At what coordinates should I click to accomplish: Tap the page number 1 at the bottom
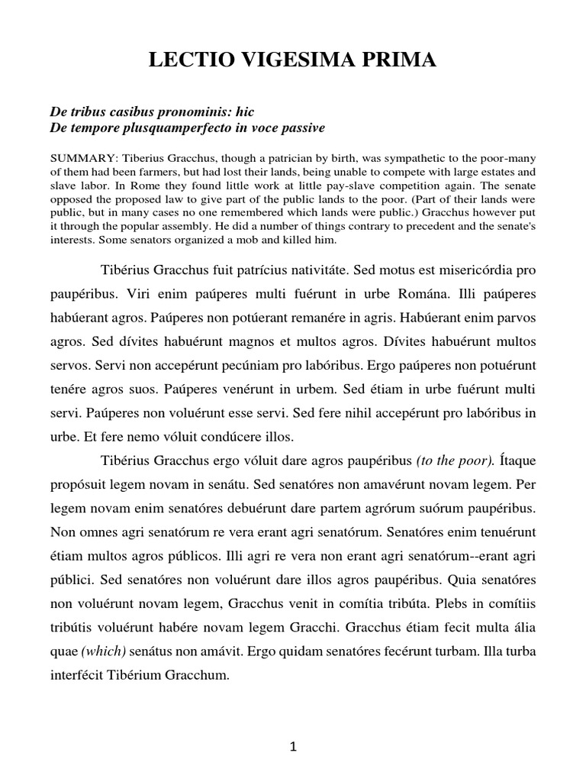pos(294,749)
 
